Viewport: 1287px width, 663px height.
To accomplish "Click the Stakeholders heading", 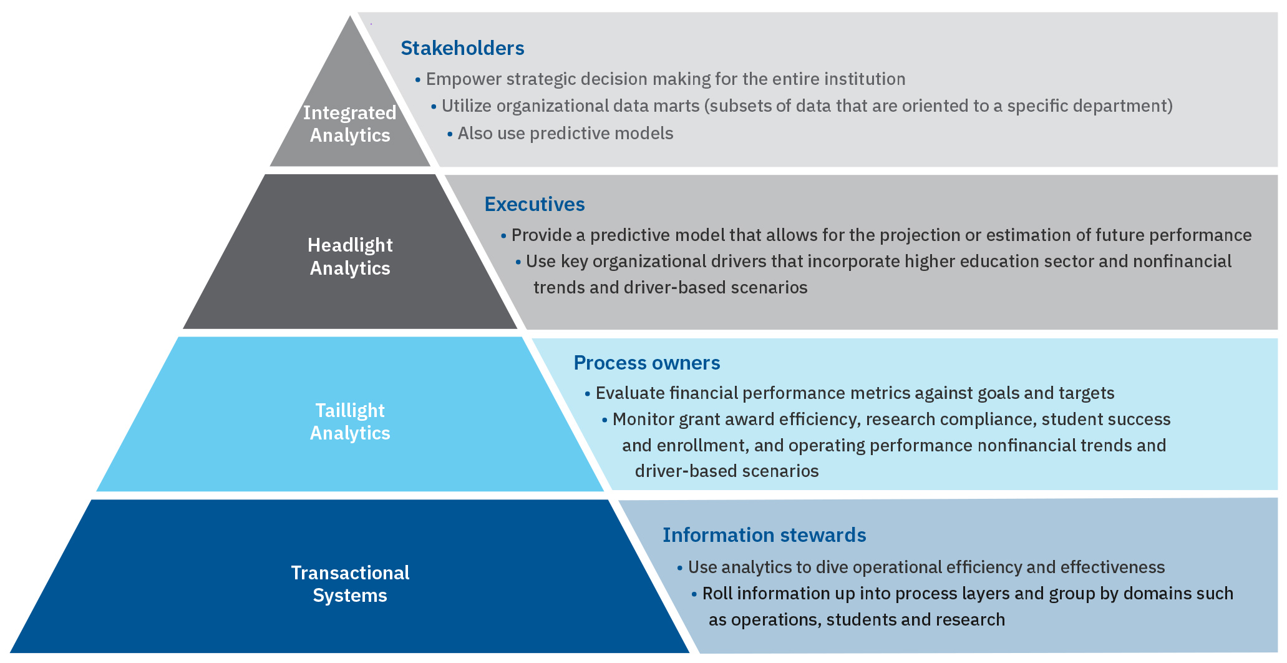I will (462, 48).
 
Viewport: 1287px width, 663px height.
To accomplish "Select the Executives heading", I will (535, 204).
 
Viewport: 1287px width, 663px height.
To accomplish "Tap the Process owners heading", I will (646, 363).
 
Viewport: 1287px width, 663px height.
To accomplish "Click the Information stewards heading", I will (764, 535).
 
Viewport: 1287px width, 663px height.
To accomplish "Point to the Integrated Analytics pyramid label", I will (350, 124).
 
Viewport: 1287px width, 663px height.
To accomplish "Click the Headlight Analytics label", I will (350, 257).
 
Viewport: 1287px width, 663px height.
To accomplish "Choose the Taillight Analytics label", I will (350, 421).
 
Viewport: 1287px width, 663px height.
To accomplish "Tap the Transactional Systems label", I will (350, 584).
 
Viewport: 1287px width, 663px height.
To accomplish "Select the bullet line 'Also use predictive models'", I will (565, 134).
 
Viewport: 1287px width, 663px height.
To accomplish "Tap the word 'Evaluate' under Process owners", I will (630, 393).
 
